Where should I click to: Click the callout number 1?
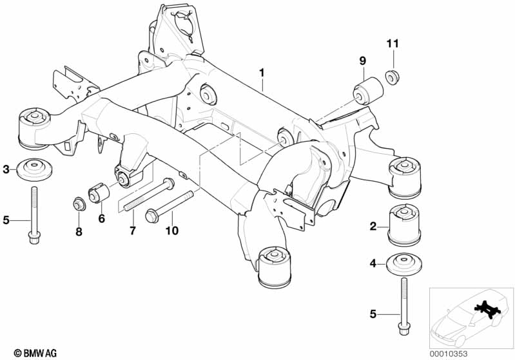pos(262,73)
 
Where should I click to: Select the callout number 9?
pos(363,61)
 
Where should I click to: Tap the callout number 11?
pos(393,44)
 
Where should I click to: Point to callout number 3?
pos(6,169)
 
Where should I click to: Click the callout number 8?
pos(79,232)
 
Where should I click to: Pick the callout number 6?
pos(101,218)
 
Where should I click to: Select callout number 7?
pos(132,231)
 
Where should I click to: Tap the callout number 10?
pos(172,231)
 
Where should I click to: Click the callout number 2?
pos(373,226)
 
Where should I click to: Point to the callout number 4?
pos(373,263)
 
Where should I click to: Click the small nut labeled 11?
pos(391,78)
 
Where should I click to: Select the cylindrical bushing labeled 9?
pos(368,91)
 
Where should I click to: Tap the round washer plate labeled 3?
pos(35,169)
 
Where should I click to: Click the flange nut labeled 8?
pos(79,204)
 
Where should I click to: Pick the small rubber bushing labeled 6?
pos(99,192)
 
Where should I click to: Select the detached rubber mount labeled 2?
pos(405,225)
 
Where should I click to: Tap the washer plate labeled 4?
pos(404,263)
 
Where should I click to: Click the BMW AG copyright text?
pos(35,353)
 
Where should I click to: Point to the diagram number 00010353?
pos(449,354)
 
